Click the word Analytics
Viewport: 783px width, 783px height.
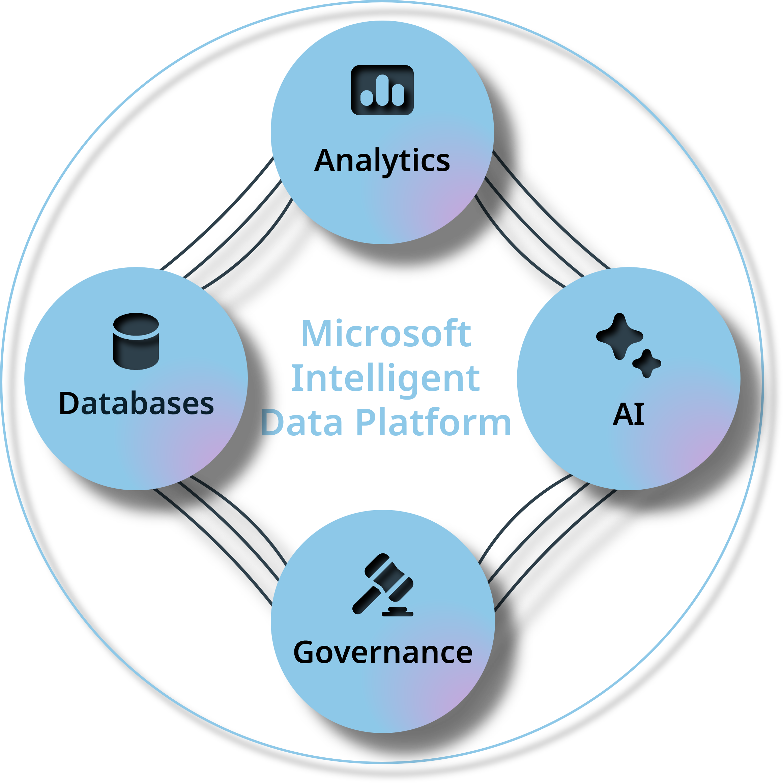(x=382, y=161)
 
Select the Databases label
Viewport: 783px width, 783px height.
(x=136, y=404)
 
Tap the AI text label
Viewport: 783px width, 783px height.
(x=628, y=414)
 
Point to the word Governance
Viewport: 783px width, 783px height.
(x=383, y=652)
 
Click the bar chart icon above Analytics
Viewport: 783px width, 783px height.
(x=382, y=90)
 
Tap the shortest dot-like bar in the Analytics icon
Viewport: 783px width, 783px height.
(x=366, y=98)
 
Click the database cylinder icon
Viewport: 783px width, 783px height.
(x=136, y=341)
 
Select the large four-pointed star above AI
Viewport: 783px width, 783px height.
(x=619, y=336)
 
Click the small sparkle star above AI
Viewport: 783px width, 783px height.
(x=647, y=363)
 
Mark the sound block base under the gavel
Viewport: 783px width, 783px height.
(x=398, y=612)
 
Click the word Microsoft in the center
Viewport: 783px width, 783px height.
(x=387, y=333)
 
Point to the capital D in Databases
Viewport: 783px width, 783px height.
(x=70, y=404)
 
